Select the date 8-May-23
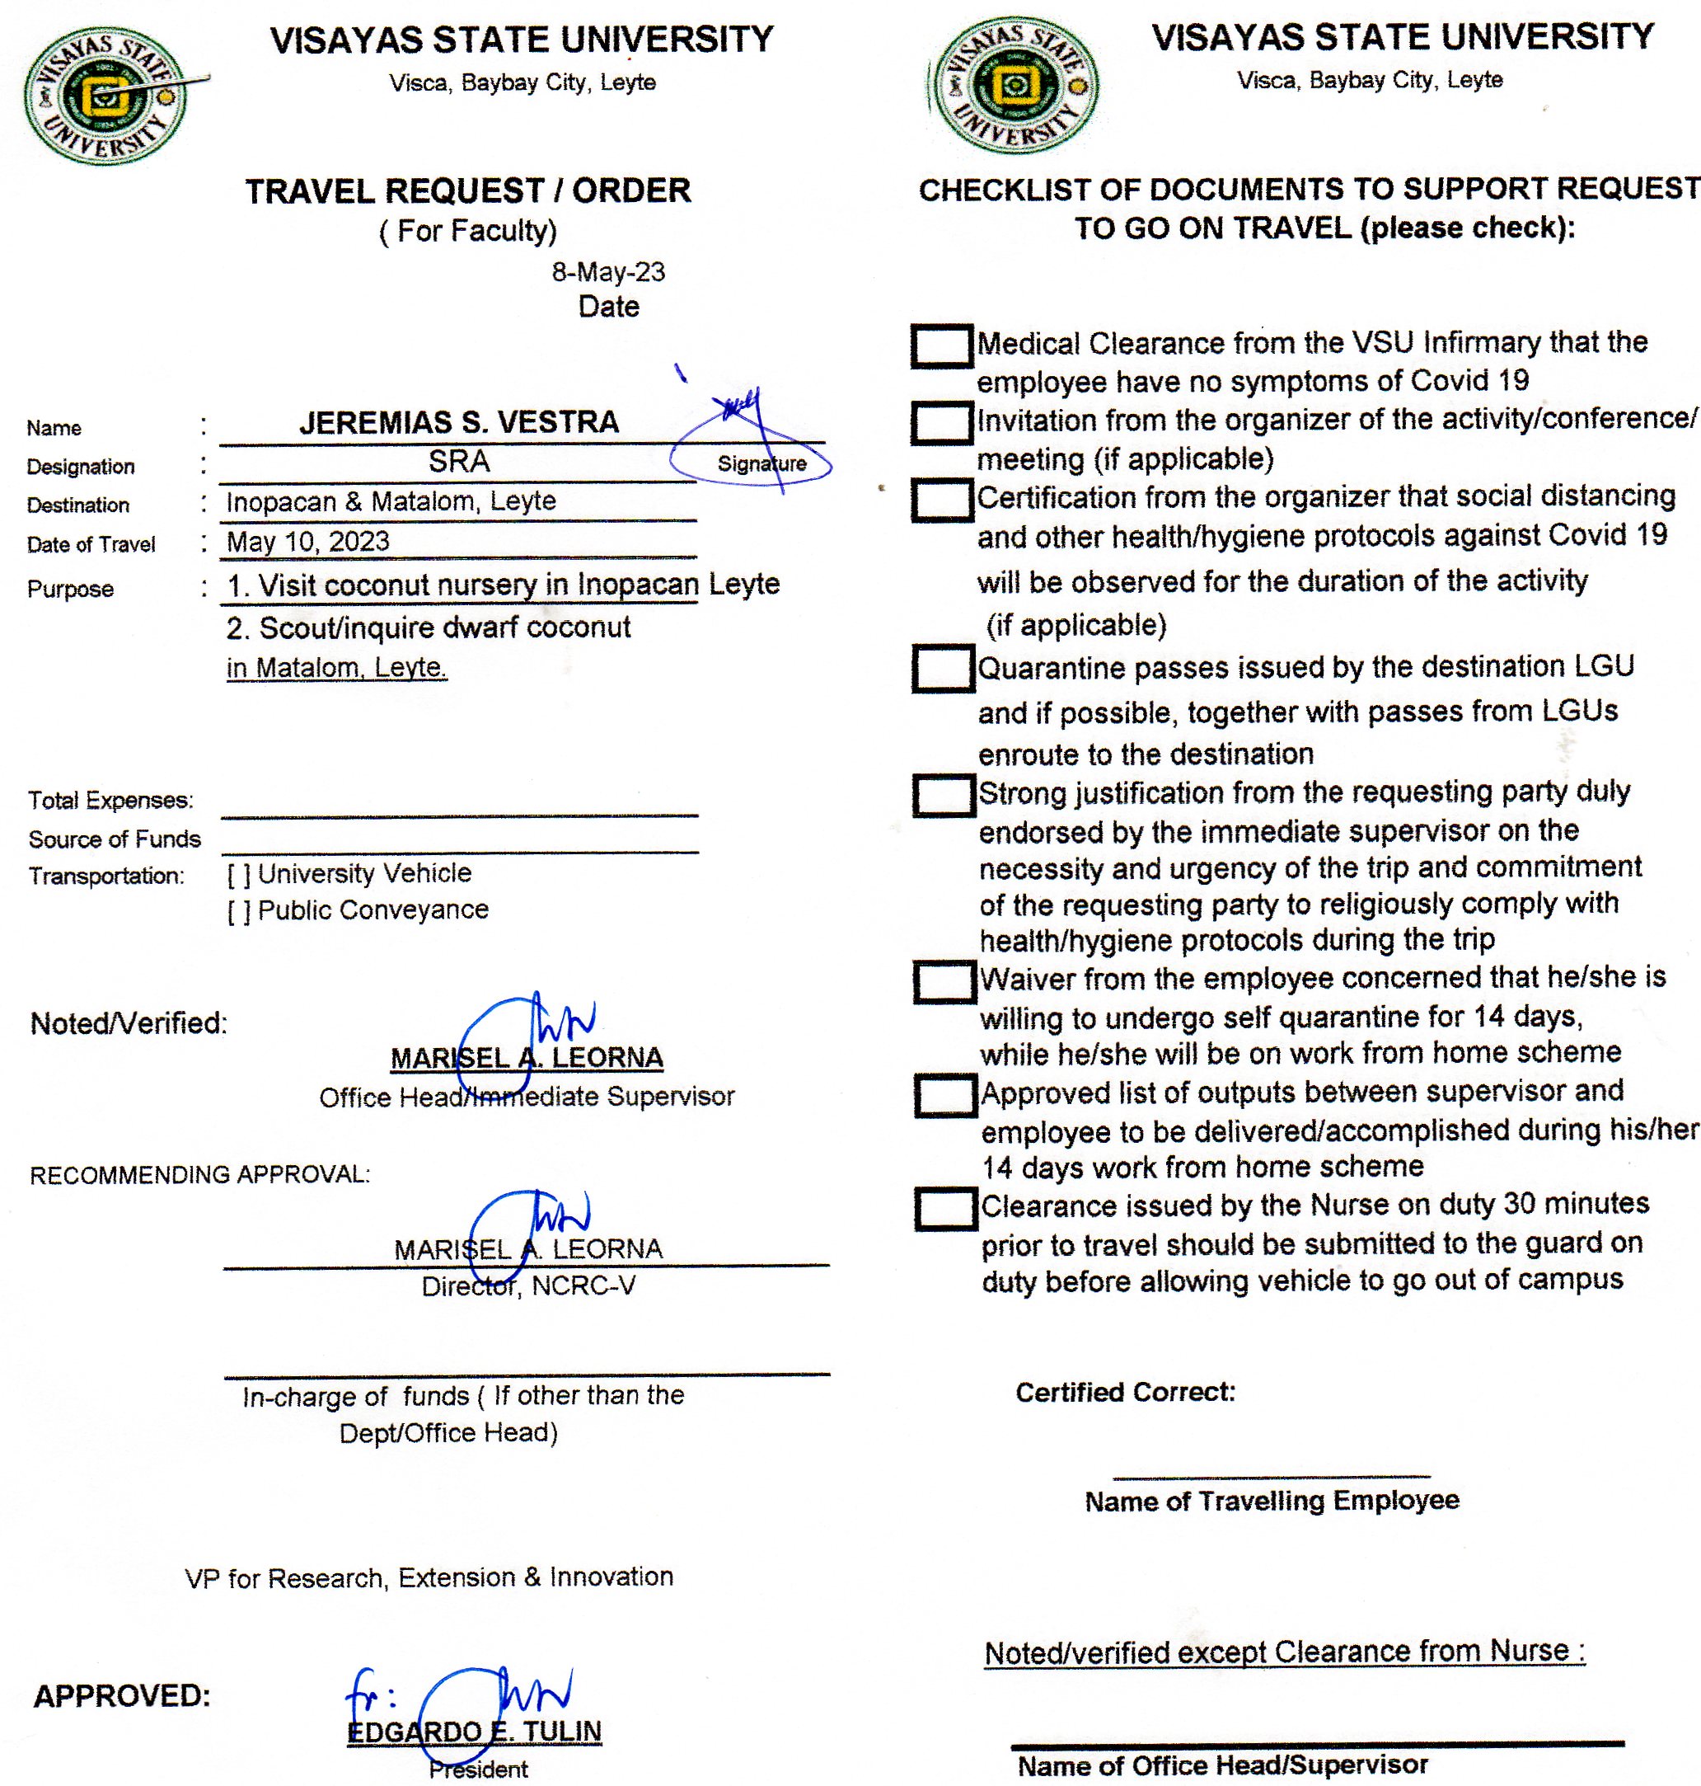pyautogui.click(x=607, y=272)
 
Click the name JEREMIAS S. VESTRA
pyautogui.click(x=459, y=423)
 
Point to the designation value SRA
pyautogui.click(x=459, y=462)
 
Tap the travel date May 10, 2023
pyautogui.click(x=308, y=542)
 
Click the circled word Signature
pyautogui.click(x=761, y=463)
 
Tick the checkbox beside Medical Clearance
pyautogui.click(x=941, y=345)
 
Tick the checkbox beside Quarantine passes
pyautogui.click(x=943, y=669)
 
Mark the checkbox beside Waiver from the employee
pyautogui.click(x=944, y=981)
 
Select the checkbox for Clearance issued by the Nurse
pyautogui.click(x=946, y=1208)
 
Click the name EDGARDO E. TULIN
pyautogui.click(x=474, y=1732)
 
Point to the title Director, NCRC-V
pyautogui.click(x=528, y=1286)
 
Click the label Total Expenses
pyautogui.click(x=110, y=800)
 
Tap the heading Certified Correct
pyautogui.click(x=1124, y=1393)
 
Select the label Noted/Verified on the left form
pyautogui.click(x=129, y=1023)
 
